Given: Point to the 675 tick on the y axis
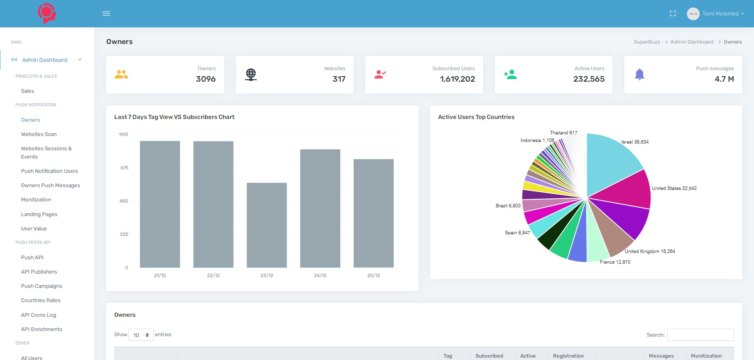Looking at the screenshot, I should (x=124, y=168).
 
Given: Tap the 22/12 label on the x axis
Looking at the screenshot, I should (x=213, y=276).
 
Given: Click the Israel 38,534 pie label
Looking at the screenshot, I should (x=635, y=142).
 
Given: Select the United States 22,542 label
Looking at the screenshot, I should (x=674, y=188).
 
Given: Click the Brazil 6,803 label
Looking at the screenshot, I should (x=508, y=206).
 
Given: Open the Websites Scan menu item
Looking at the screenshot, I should (x=39, y=134).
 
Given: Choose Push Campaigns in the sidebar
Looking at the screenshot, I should (x=42, y=286).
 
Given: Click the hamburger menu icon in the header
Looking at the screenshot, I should (x=106, y=13).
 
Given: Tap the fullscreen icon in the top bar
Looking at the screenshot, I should (x=673, y=13).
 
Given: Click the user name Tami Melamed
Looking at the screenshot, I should (x=720, y=13).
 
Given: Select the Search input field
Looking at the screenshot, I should (x=700, y=335).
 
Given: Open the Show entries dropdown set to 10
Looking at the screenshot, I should (x=141, y=335).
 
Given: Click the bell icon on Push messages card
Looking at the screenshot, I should (x=639, y=75).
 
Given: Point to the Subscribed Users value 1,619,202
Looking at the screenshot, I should (x=457, y=79).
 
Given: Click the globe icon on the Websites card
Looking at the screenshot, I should (x=251, y=75).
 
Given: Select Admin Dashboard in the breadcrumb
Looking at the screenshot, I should (x=692, y=42).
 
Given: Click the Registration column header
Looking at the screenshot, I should (x=568, y=356).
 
